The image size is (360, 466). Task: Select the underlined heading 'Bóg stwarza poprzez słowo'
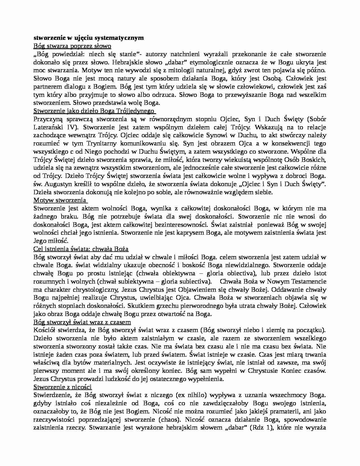pos(72,46)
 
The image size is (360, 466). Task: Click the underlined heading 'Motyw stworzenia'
pos(60,200)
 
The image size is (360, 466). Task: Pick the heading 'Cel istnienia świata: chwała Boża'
pos(81,249)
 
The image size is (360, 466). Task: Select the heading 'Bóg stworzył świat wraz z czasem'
pos(82,322)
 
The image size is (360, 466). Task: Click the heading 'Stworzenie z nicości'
pos(62,387)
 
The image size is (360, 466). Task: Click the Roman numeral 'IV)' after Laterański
pos(73,127)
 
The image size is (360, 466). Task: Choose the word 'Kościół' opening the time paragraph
pos(44,330)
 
